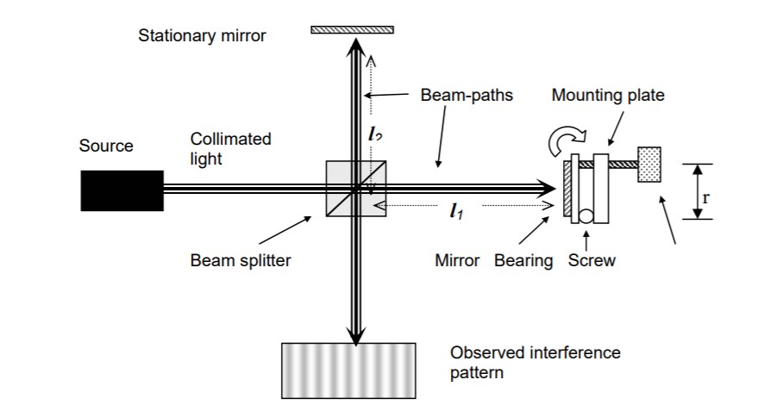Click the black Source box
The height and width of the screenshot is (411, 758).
tap(122, 190)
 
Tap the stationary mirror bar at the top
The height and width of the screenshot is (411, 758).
tap(352, 30)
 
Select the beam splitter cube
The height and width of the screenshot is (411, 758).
tap(355, 188)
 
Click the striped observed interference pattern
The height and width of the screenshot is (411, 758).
tap(348, 371)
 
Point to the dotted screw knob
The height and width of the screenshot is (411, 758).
tap(648, 164)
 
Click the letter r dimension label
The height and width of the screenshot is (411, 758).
tap(706, 196)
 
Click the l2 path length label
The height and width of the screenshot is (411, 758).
tap(373, 134)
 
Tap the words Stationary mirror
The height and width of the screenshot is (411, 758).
tap(202, 35)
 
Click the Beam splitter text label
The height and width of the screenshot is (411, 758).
tap(241, 260)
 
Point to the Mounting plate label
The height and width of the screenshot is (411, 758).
tap(608, 95)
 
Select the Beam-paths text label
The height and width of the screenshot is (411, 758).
tap(467, 95)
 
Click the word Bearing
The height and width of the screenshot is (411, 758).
tap(523, 260)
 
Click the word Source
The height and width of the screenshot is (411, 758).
tap(106, 146)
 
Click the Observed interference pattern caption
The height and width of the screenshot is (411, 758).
tap(535, 363)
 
